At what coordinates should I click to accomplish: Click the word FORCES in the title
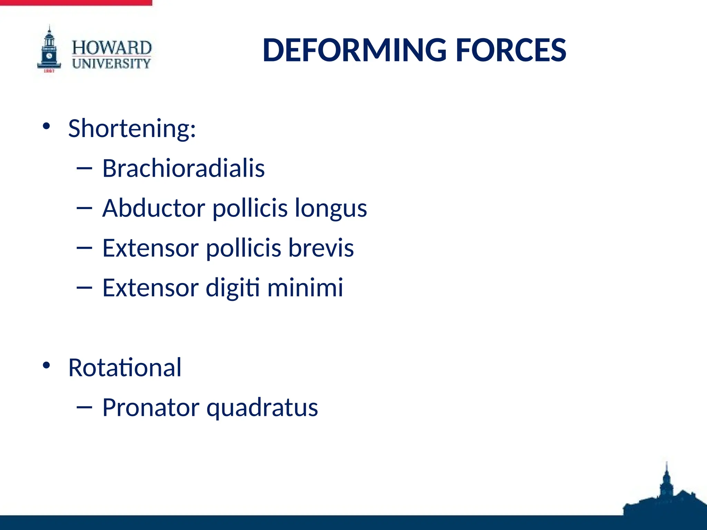coord(511,50)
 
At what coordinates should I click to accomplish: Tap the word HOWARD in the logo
coord(112,48)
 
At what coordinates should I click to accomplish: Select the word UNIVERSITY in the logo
coord(112,63)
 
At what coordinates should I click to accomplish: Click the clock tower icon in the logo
coord(49,50)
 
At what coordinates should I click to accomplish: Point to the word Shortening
coord(132,128)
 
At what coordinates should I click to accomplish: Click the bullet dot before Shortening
coord(46,126)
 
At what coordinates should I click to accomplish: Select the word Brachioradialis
coord(183,168)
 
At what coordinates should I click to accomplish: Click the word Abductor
coord(154,208)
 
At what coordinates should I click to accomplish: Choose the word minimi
coord(305,287)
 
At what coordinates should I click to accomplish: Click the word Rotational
coord(125,367)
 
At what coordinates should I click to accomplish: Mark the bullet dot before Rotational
coord(46,365)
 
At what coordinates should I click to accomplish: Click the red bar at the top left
coord(76,2)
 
